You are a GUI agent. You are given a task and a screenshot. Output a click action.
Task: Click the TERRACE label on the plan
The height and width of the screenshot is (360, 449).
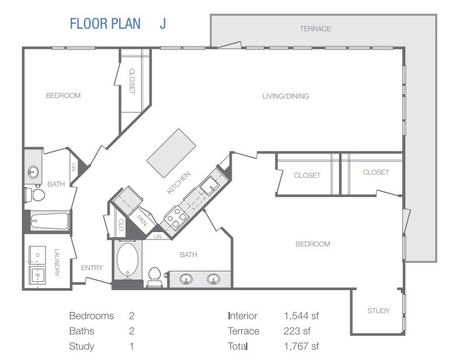[x=315, y=29]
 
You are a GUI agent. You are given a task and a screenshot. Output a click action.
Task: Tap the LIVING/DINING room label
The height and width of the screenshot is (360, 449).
[x=286, y=96]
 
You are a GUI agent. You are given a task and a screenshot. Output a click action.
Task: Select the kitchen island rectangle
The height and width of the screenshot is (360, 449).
[x=171, y=149]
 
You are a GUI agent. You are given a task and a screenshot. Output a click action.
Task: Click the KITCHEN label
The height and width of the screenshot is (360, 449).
[x=179, y=183]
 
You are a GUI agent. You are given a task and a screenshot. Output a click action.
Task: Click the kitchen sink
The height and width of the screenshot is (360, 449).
[x=210, y=185]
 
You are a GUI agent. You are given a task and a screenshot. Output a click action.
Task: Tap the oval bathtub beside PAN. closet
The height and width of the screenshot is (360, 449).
[x=128, y=260]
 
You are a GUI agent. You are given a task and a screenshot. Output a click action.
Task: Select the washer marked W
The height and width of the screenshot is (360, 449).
[x=37, y=275]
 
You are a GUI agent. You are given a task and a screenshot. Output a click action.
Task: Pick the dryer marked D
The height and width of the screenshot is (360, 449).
[x=37, y=255]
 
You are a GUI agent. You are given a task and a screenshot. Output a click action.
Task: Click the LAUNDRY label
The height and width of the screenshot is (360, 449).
[x=57, y=263]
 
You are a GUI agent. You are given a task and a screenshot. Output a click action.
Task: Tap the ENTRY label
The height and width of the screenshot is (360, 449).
[x=92, y=268]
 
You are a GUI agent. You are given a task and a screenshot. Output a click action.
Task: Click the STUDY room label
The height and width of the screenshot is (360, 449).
[x=378, y=311]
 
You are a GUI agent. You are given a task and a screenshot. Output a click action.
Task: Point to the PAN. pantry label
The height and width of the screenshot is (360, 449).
[x=142, y=221]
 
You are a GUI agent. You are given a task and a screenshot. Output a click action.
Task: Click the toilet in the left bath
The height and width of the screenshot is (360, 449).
[x=35, y=195]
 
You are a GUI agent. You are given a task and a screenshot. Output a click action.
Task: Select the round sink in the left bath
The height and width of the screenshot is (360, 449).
[x=33, y=172]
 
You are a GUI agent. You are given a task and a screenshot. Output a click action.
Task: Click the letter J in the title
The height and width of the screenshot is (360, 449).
[x=162, y=24]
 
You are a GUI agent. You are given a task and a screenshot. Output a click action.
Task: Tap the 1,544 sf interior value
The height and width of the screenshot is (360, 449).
[x=301, y=316]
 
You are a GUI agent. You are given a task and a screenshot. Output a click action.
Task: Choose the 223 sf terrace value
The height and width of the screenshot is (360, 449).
[x=297, y=331]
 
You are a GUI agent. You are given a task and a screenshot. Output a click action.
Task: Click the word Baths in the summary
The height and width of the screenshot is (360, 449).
[x=82, y=331]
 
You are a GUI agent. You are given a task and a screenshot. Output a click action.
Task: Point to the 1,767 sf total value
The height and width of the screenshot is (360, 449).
[x=301, y=346]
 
